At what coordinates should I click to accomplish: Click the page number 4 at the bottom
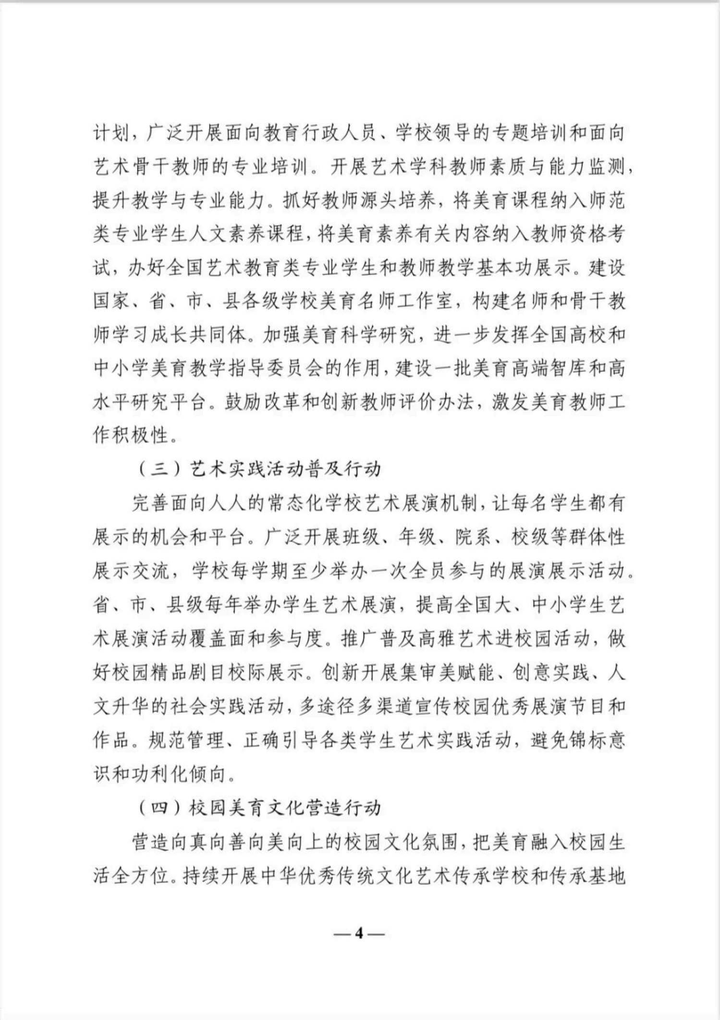(x=360, y=934)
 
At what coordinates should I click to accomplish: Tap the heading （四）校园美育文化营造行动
(x=260, y=808)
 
